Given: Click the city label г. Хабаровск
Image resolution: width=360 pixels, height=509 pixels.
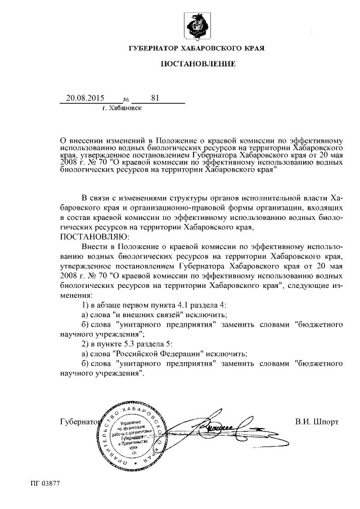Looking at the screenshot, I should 122,108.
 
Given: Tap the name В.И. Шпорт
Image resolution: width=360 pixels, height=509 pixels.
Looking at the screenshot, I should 317,421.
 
